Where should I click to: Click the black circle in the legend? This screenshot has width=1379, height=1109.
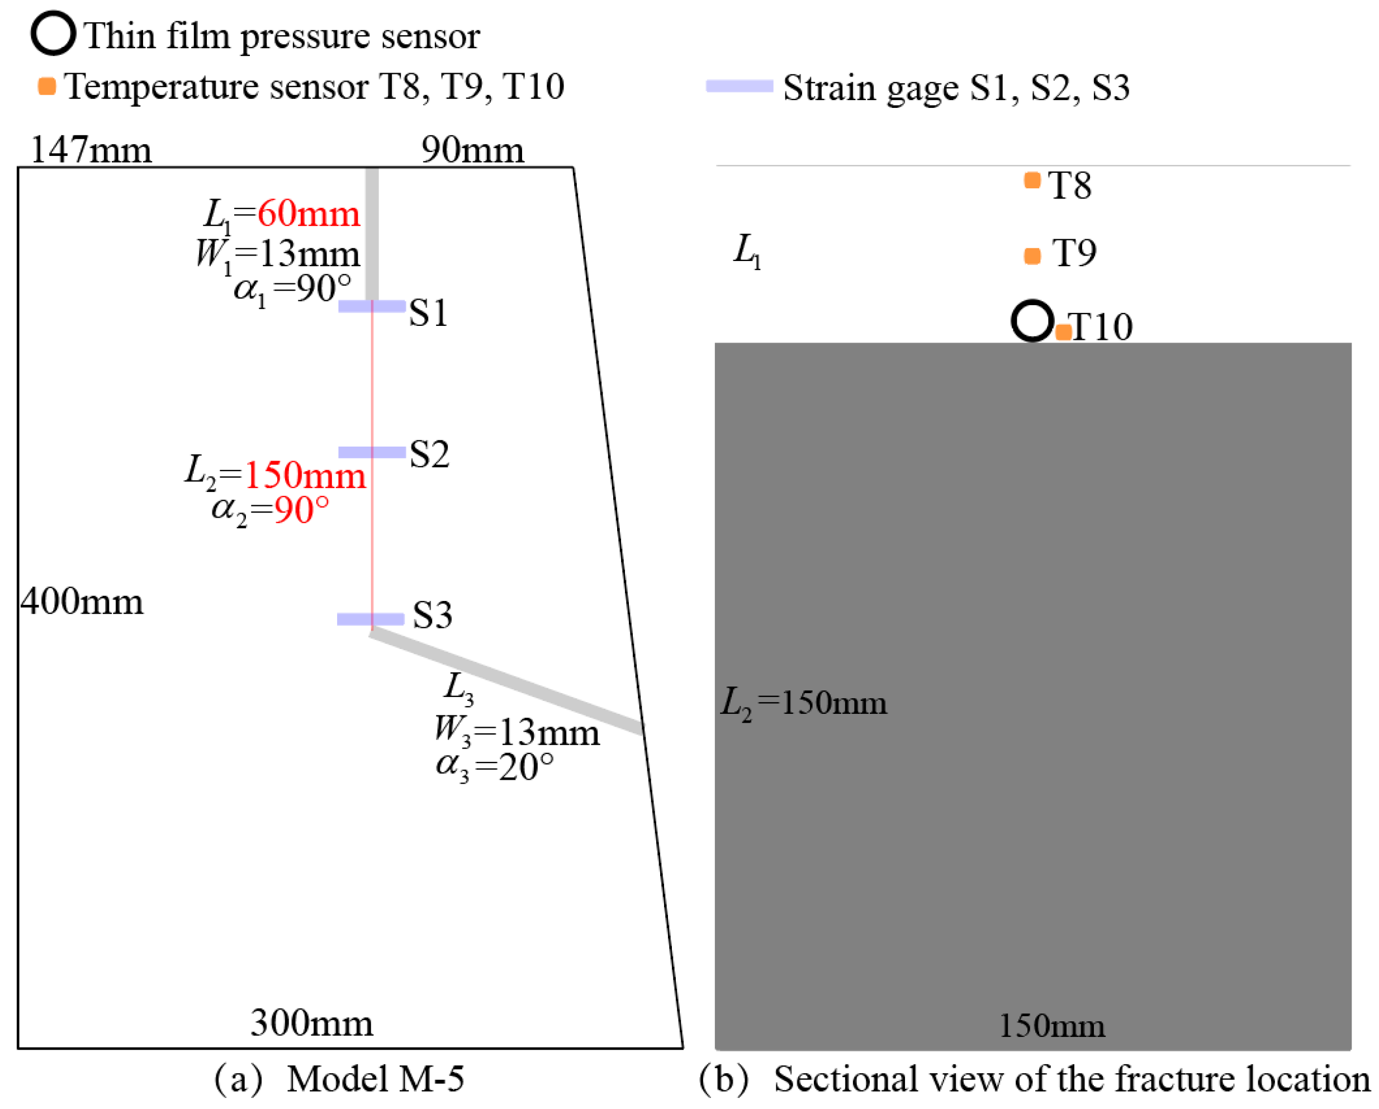54,33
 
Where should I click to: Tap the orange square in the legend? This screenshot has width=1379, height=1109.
47,86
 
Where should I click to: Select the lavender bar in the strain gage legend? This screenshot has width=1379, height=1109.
740,86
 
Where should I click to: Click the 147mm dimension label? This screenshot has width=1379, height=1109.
91,150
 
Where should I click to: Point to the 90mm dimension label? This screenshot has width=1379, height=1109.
472,150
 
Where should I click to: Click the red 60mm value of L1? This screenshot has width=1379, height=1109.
309,214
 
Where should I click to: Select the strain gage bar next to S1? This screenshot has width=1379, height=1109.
372,306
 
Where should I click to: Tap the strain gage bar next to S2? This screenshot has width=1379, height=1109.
372,452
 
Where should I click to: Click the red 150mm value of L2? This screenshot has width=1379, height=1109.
305,475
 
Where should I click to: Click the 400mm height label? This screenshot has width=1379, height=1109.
82,602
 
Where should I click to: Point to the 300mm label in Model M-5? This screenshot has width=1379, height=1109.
311,1023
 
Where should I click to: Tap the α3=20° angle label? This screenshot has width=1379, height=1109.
495,767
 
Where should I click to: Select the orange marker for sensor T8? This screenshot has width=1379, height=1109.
1032,181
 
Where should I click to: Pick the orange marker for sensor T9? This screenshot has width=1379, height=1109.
1032,256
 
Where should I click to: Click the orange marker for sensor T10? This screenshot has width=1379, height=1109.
1063,332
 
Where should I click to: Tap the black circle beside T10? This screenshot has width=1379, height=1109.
1032,320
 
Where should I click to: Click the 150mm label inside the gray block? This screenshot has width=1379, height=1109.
1051,1026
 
